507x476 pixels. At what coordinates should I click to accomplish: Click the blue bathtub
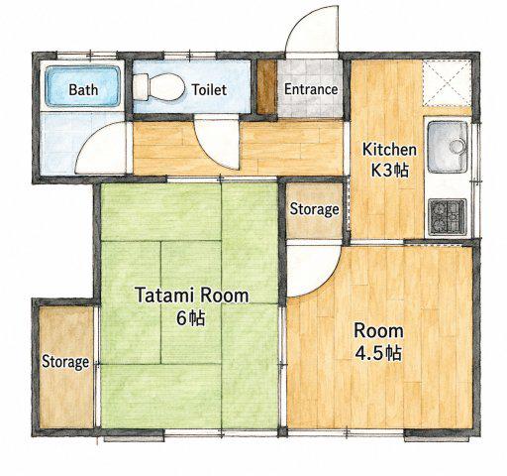[x=82, y=86]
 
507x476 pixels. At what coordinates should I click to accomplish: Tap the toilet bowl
[x=158, y=87]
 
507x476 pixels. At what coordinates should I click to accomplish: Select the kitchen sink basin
[x=448, y=147]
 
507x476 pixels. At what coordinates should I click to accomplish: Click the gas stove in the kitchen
[x=448, y=217]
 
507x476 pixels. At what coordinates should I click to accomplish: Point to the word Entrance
[x=311, y=89]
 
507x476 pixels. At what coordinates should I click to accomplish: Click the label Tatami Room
[x=192, y=296]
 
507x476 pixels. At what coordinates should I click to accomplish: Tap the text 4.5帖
[x=378, y=353]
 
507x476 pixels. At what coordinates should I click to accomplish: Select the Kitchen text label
[x=389, y=150]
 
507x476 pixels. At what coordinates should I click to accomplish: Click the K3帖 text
[x=390, y=171]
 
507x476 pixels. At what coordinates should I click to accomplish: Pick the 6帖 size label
[x=191, y=318]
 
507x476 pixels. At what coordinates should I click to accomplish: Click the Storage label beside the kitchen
[x=314, y=209]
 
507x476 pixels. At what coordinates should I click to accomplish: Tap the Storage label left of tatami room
[x=65, y=362]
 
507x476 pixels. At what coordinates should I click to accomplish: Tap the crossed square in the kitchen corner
[x=447, y=82]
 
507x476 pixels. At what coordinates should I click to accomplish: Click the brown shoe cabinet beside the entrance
[x=266, y=87]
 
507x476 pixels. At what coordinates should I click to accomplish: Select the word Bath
[x=83, y=89]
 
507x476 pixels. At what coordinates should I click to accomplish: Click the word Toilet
[x=209, y=89]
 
